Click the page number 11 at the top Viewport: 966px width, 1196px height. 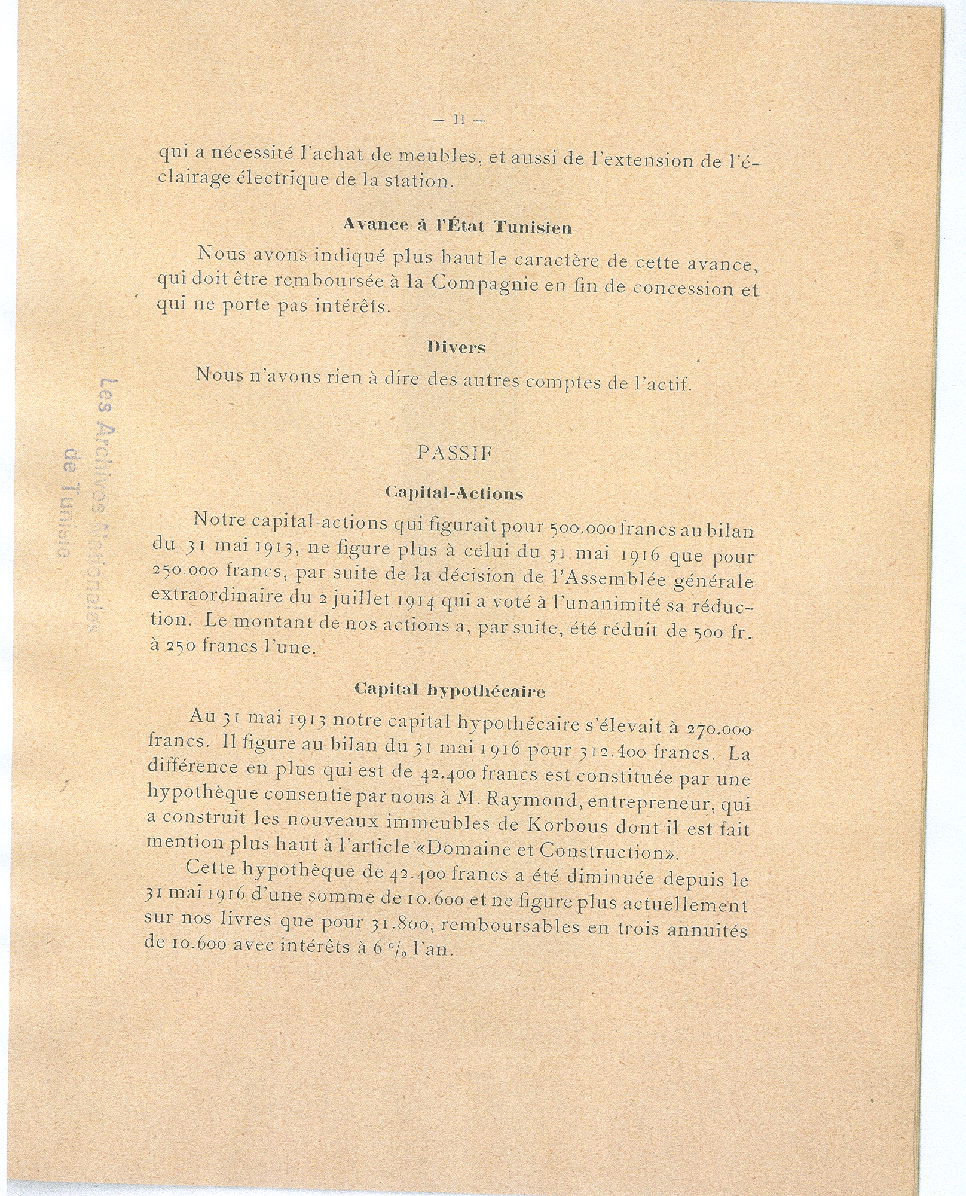[x=459, y=120]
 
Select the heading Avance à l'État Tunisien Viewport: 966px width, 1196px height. [x=457, y=227]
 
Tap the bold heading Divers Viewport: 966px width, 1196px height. [x=456, y=347]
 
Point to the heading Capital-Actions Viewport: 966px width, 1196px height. [x=454, y=493]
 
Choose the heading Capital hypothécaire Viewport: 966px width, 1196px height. [x=450, y=691]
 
